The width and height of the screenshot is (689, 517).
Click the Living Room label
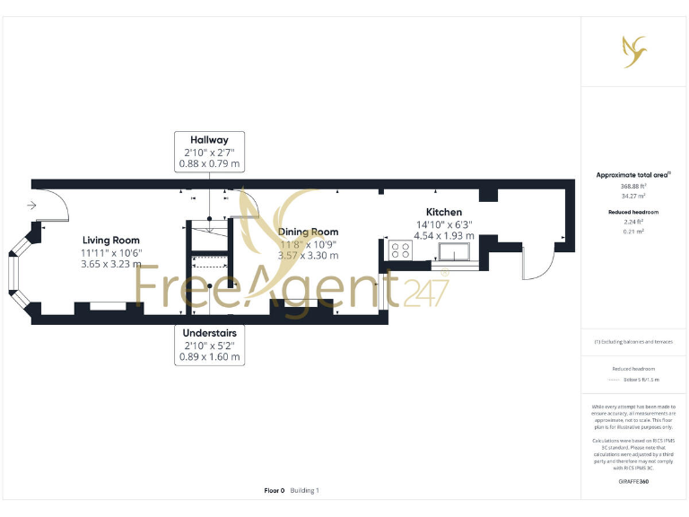[111, 240]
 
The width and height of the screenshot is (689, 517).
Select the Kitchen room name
[443, 212]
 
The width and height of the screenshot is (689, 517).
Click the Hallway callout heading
[209, 139]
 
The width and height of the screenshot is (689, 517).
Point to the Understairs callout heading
[210, 332]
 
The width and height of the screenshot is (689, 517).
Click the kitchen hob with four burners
[400, 250]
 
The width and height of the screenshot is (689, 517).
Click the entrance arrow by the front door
[32, 206]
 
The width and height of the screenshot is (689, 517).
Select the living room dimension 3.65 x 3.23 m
[111, 265]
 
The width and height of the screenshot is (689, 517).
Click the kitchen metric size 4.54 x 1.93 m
[443, 236]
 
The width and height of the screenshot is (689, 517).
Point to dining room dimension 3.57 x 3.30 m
[308, 256]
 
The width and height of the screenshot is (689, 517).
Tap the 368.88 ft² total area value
[633, 187]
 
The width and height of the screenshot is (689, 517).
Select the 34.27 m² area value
[633, 196]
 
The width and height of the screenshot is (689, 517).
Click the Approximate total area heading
[633, 175]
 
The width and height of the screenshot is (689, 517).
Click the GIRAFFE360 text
[633, 482]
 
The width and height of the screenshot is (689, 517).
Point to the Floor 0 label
[275, 491]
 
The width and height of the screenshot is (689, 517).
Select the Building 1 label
[305, 491]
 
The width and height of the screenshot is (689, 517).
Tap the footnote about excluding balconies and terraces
[633, 342]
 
